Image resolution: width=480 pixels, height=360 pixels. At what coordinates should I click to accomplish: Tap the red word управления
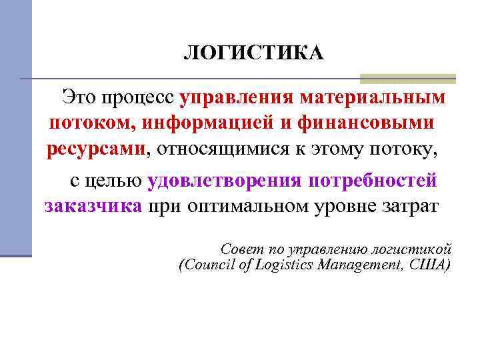coord(237,98)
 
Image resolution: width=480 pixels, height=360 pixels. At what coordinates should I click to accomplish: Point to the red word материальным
coord(373,98)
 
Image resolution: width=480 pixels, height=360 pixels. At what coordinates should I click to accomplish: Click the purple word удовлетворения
coord(223,179)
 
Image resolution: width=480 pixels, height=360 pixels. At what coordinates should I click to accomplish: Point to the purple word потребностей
coord(373,179)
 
